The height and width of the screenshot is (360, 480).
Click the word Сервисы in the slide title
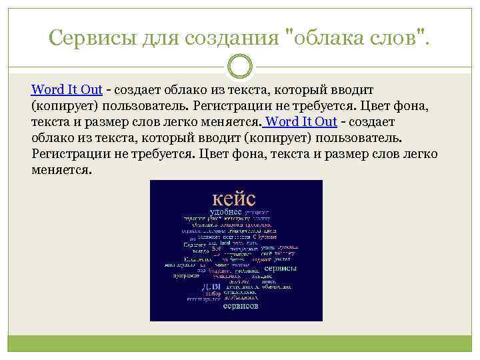91,38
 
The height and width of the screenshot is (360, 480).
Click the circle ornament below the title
240,66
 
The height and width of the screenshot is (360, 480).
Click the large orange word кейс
234,198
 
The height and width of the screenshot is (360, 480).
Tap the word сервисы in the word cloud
280,268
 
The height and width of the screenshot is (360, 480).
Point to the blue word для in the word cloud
211,287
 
